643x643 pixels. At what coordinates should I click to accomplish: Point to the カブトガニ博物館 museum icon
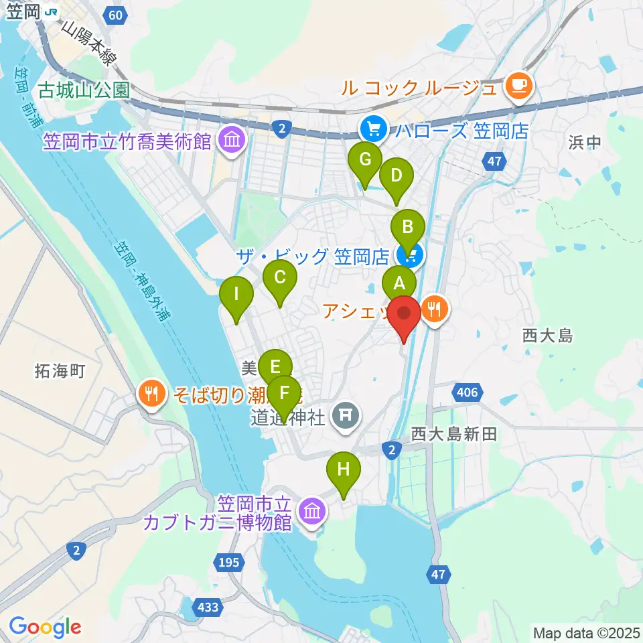(x=311, y=512)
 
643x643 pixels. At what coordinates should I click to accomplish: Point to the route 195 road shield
(x=228, y=562)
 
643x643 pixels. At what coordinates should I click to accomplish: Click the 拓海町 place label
(x=60, y=371)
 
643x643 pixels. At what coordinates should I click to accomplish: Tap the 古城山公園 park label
(x=84, y=90)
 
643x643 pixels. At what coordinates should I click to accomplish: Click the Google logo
(x=45, y=627)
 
